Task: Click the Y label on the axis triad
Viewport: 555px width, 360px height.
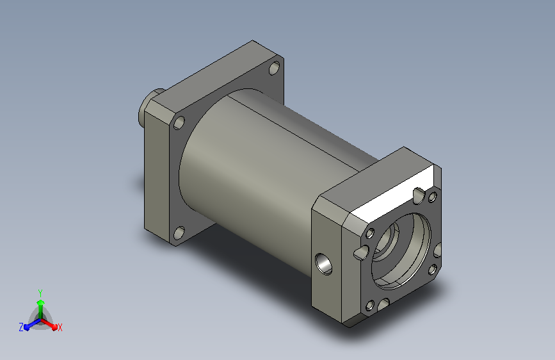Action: click(x=40, y=293)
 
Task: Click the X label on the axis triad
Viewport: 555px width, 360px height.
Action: click(x=60, y=328)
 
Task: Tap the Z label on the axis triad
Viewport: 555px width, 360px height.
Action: click(x=21, y=327)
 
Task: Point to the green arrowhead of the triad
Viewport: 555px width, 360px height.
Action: click(x=40, y=302)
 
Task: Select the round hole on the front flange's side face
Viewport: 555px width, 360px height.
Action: click(x=323, y=264)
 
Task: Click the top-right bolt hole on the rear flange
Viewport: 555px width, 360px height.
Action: click(x=275, y=68)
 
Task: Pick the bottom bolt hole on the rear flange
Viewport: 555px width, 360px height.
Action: click(x=179, y=233)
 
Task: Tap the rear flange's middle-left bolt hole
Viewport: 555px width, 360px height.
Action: click(x=179, y=122)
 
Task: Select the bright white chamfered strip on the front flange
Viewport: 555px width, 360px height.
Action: click(x=392, y=193)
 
